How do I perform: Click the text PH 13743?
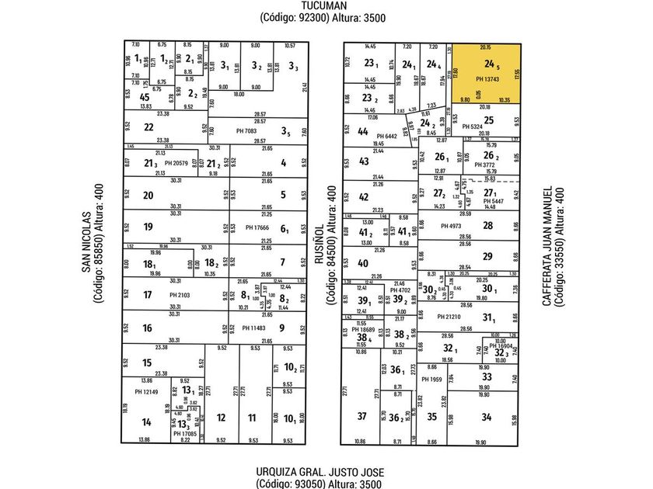pos(487,79)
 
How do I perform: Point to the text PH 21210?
pos(449,316)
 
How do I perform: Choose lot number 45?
pos(144,97)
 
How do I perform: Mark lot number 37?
pos(361,417)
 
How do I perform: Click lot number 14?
pos(145,422)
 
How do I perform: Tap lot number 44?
pos(363,132)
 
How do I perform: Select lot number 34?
pos(487,417)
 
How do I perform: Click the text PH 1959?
pos(431,379)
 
